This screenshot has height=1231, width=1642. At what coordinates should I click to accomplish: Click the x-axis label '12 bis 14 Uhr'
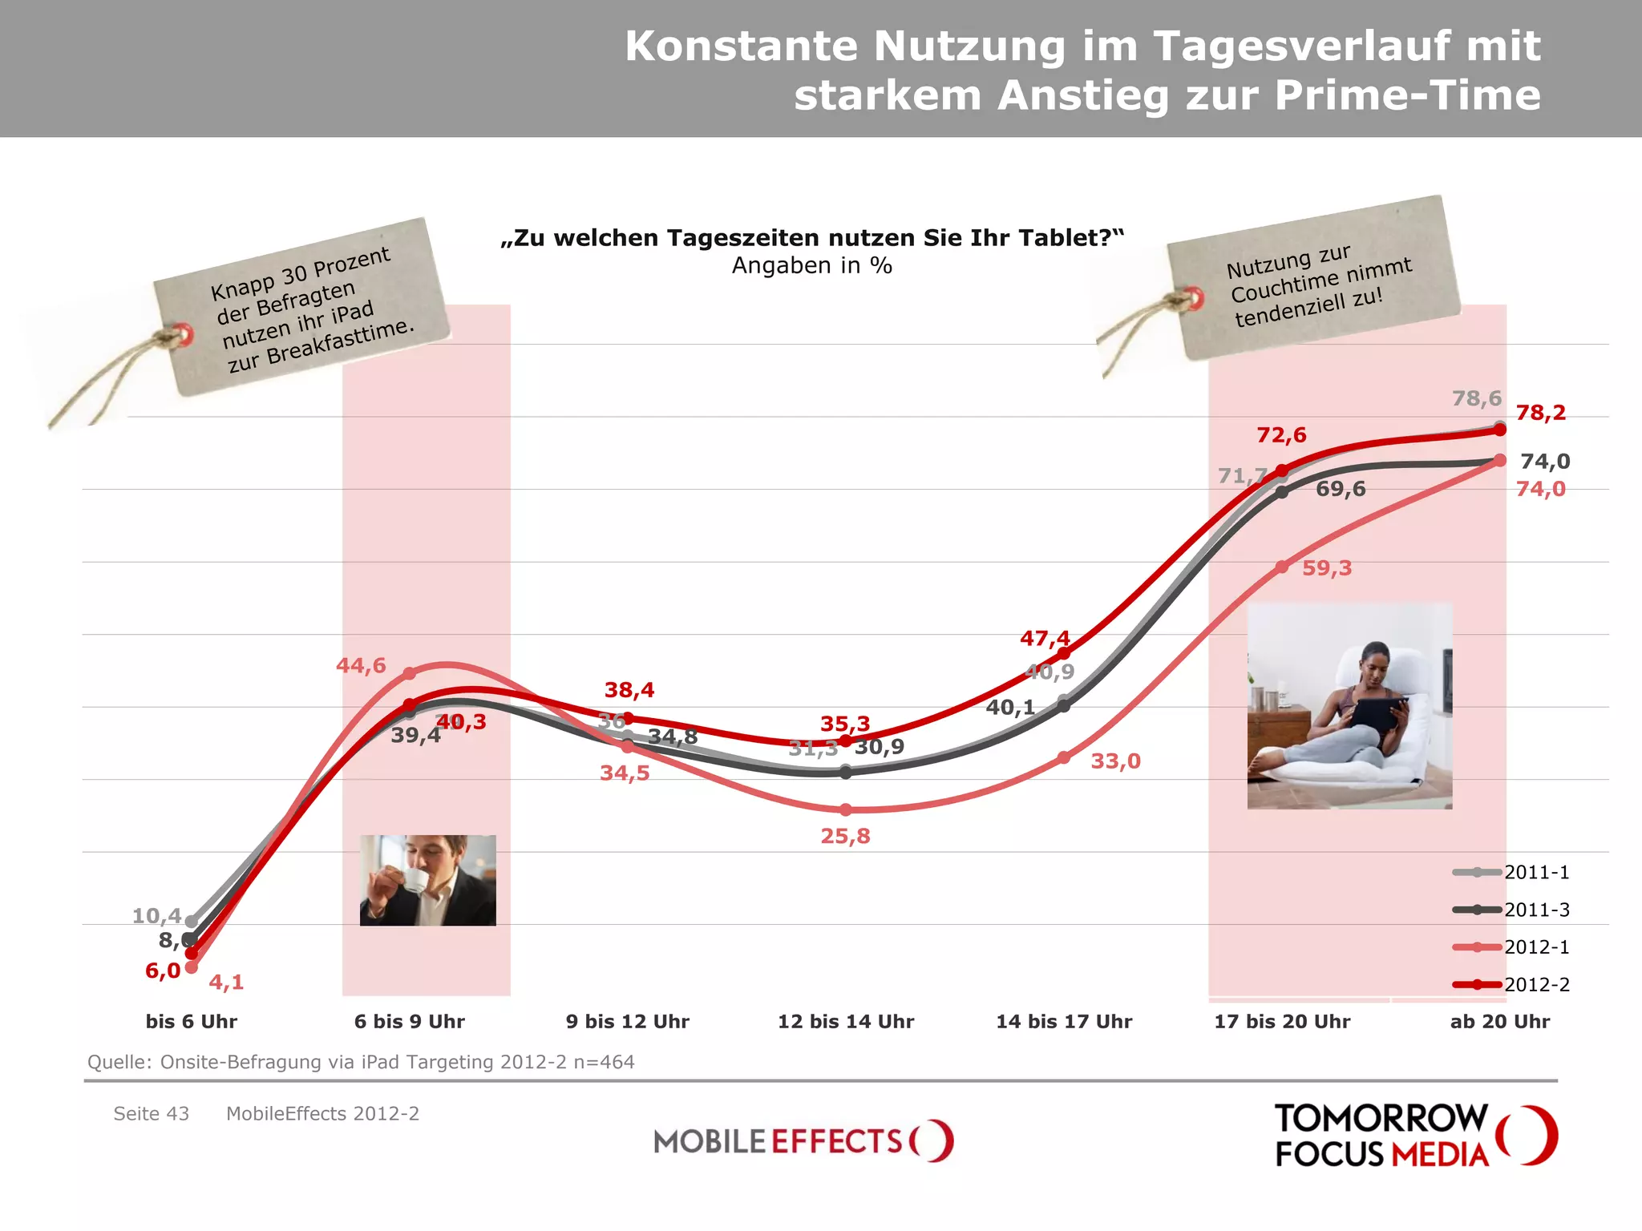click(x=846, y=1022)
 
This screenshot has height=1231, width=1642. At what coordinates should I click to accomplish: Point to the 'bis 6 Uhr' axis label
click(x=192, y=1022)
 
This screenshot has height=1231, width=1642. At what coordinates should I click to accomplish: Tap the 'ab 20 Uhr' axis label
click(x=1500, y=1022)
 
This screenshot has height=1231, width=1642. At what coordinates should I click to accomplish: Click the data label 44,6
click(x=361, y=665)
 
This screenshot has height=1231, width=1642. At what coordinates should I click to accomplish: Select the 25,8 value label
click(x=845, y=837)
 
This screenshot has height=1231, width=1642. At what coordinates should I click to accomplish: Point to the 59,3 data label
click(x=1327, y=568)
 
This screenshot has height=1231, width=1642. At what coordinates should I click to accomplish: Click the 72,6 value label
click(x=1281, y=435)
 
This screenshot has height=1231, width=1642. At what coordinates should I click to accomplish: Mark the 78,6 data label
click(x=1477, y=398)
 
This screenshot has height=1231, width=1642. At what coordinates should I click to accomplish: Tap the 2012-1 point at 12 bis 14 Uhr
click(x=846, y=810)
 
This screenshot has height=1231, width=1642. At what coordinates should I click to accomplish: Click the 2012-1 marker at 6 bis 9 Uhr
click(x=409, y=673)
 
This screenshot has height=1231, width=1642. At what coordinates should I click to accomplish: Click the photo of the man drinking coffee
click(x=427, y=880)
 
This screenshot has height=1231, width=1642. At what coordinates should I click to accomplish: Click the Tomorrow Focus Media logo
click(x=1415, y=1135)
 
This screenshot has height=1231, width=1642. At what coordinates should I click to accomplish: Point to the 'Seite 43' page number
click(x=151, y=1114)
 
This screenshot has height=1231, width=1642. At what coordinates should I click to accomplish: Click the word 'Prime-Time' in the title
click(x=1407, y=95)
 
